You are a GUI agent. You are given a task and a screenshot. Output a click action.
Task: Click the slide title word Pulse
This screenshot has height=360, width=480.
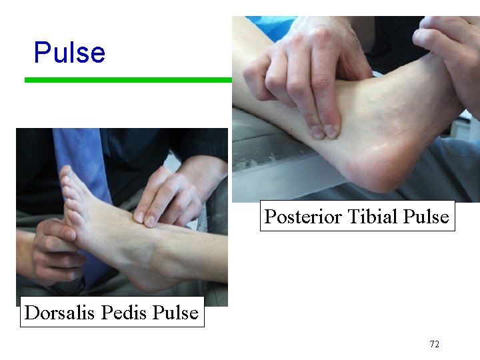(x=69, y=53)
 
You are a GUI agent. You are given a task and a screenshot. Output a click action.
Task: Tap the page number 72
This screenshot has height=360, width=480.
(x=434, y=345)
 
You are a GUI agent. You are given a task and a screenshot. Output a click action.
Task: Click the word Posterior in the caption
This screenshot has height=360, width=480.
(x=297, y=217)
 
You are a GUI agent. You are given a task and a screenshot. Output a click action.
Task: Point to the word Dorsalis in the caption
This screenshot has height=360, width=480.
(x=54, y=313)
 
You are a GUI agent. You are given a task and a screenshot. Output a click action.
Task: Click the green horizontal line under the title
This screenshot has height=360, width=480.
(x=127, y=80)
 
